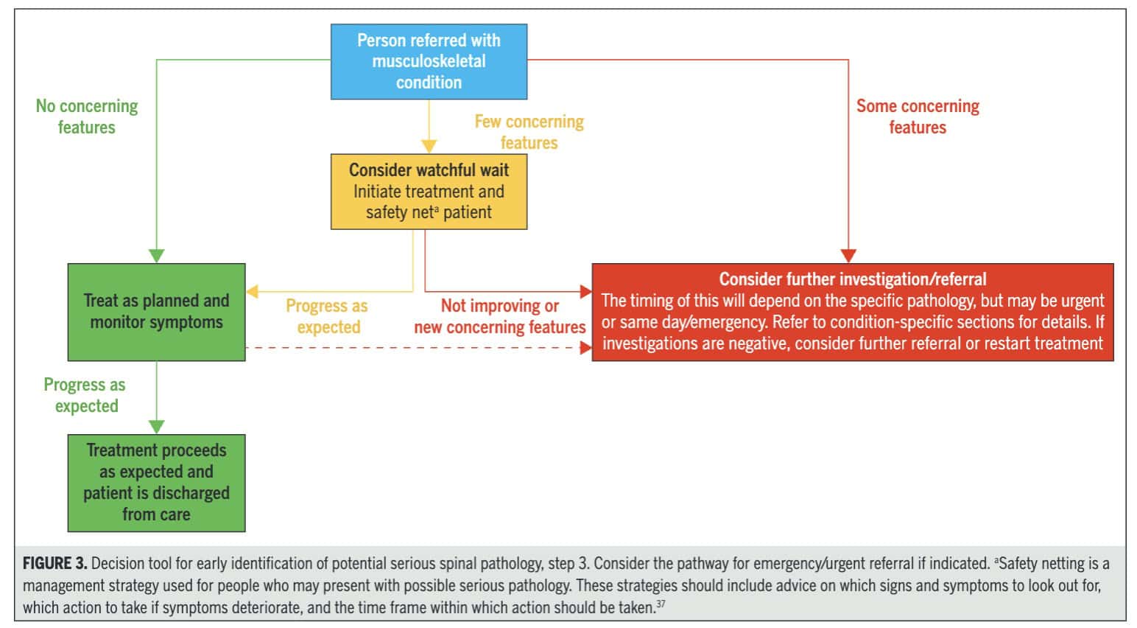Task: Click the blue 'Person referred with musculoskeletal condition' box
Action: pos(429,62)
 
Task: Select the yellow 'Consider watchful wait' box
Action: pos(429,191)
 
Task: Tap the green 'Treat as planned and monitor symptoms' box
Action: pos(156,312)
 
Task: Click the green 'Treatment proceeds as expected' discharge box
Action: pos(156,483)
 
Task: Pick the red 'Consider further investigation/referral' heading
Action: pos(852,279)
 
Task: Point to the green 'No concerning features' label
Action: pos(87,116)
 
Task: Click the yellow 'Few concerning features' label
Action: pos(529,132)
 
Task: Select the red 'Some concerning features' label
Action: pos(918,116)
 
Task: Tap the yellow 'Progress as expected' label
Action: pos(328,316)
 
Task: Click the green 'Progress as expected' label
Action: pos(85,395)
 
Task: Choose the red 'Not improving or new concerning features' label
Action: pos(499,316)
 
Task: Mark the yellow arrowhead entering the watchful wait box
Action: pos(429,147)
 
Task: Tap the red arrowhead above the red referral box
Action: pos(848,256)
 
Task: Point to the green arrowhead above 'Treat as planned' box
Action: pos(156,256)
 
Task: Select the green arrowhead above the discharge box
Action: pos(156,427)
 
